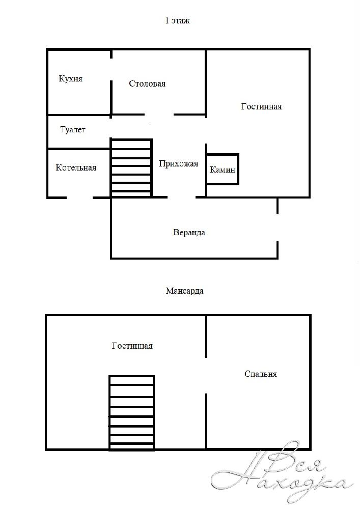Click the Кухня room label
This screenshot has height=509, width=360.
click(70, 79)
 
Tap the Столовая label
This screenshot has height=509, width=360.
click(147, 84)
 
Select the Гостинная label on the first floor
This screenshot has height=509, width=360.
click(261, 107)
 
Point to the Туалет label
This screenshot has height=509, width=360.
click(73, 130)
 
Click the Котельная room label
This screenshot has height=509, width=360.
click(76, 167)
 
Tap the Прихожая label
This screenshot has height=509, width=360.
click(178, 164)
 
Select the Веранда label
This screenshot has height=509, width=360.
click(189, 233)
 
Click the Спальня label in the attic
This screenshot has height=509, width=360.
click(261, 374)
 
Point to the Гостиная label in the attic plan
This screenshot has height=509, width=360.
click(132, 346)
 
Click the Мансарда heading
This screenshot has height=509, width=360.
click(185, 291)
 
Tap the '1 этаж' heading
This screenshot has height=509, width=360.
click(177, 21)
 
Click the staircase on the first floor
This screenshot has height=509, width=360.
click(131, 168)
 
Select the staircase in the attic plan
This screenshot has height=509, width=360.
click(131, 413)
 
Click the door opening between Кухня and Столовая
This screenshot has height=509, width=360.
click(111, 69)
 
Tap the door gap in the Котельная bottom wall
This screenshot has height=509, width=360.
click(80, 197)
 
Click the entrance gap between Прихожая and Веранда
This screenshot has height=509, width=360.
click(181, 197)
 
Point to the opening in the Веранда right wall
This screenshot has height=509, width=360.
click(278, 228)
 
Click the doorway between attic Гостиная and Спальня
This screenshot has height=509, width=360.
click(206, 376)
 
